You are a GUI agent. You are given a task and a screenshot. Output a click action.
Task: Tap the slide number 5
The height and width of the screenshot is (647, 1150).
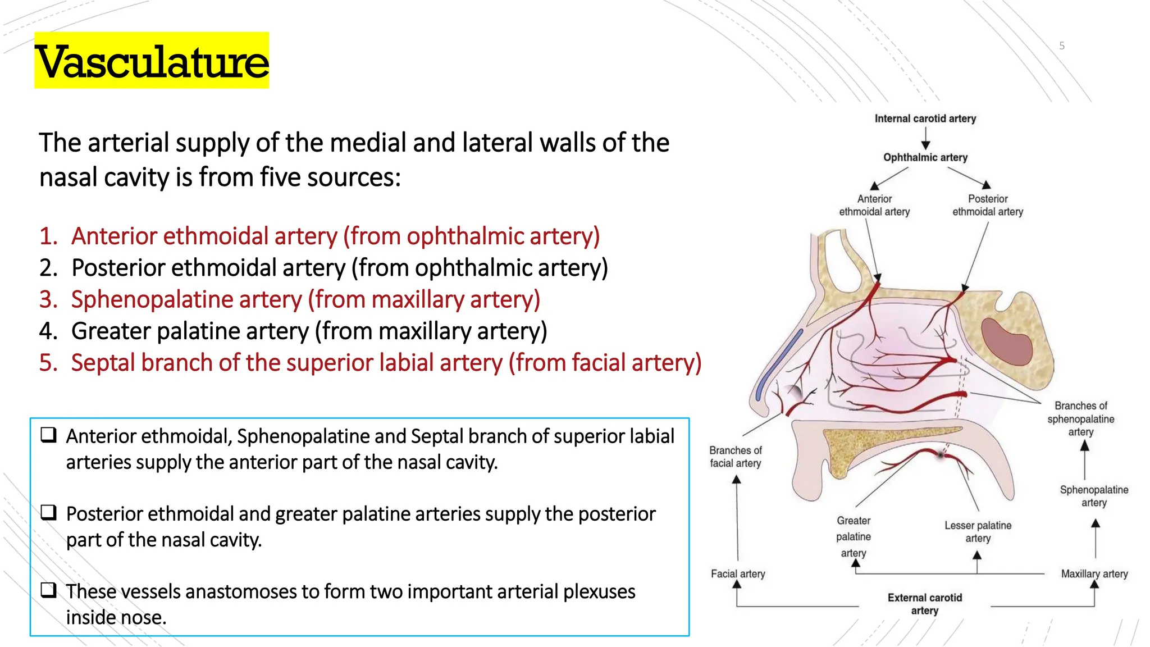tap(1061, 45)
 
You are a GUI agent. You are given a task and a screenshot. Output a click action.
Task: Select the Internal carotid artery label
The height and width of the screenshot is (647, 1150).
tap(925, 119)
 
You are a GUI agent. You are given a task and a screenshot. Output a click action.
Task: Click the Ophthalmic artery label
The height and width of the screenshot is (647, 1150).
tap(925, 157)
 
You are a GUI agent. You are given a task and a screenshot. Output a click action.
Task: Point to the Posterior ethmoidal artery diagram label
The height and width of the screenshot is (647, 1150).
tap(987, 205)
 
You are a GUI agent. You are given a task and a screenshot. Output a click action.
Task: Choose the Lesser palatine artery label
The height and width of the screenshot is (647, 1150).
tap(978, 531)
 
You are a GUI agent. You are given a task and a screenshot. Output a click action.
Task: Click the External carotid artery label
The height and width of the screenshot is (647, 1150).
tap(924, 604)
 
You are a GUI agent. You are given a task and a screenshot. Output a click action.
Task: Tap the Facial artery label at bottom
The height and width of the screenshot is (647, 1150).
tap(737, 573)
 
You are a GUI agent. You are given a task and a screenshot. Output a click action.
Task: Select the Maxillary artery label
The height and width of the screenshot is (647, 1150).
tap(1094, 573)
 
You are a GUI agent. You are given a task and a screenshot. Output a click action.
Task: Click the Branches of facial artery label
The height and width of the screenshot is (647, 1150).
tap(735, 457)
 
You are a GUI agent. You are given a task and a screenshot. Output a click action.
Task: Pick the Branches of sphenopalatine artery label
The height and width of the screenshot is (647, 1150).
tap(1080, 418)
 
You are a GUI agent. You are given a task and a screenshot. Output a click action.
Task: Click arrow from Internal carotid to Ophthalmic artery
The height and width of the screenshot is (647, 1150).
tap(925, 138)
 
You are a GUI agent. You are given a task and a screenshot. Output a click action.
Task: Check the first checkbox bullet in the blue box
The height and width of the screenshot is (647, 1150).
tap(48, 435)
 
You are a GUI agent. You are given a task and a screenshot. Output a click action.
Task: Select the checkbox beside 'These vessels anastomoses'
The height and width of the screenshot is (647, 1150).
tap(48, 590)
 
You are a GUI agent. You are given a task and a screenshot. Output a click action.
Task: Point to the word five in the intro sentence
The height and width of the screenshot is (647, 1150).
tap(278, 177)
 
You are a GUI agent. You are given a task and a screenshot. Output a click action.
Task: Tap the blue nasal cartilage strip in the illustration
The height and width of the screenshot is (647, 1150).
tap(778, 365)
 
